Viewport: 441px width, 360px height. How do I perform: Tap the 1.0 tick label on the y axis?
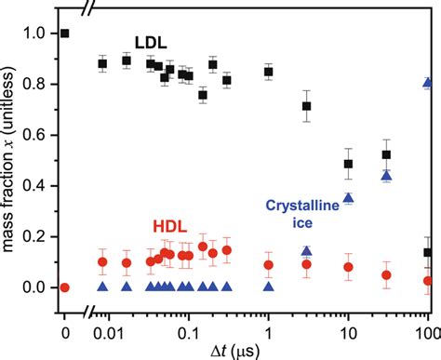tap(35, 33)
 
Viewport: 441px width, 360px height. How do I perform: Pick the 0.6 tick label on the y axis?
tap(35, 135)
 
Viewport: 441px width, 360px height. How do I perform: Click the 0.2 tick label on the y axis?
tap(35, 236)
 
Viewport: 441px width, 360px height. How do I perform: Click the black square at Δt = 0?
tap(64, 33)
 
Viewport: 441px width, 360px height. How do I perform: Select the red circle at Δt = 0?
tap(64, 287)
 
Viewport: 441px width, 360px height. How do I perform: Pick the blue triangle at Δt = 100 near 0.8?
tap(428, 83)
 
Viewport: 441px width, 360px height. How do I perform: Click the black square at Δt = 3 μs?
tap(307, 106)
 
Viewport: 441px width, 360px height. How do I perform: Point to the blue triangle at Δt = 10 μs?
tap(349, 197)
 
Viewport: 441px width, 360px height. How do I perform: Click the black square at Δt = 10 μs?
tap(349, 164)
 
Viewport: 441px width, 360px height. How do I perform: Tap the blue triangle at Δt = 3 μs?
tap(307, 250)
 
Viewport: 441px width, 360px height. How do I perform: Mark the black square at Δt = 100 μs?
tap(428, 252)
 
